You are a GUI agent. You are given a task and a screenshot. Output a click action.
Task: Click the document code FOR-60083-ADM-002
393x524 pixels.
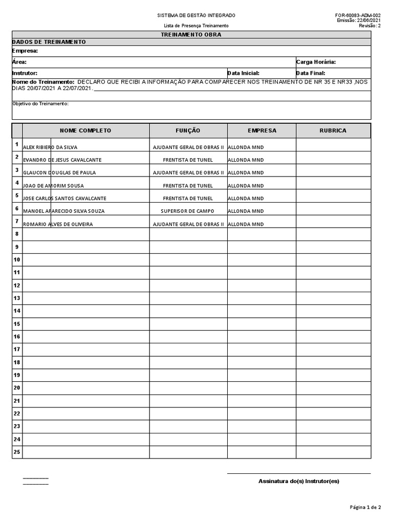click(358, 15)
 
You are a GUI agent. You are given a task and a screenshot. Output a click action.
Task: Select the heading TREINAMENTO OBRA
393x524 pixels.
click(191, 35)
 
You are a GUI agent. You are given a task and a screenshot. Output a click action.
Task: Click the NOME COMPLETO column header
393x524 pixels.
click(85, 130)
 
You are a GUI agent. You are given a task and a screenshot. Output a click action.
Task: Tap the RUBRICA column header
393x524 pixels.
click(333, 130)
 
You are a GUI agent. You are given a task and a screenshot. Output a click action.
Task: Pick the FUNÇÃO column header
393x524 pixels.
click(188, 130)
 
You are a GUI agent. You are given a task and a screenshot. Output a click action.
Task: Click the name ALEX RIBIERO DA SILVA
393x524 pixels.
click(50, 147)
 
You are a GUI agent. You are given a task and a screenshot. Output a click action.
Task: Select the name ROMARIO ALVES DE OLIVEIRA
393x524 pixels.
click(58, 224)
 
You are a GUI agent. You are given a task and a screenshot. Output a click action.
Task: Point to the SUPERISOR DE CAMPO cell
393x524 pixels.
click(188, 211)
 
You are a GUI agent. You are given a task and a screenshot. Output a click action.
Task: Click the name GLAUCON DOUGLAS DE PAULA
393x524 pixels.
click(59, 172)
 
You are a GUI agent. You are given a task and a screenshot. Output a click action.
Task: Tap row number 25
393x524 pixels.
click(17, 452)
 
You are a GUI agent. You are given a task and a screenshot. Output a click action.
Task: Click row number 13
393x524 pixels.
click(17, 298)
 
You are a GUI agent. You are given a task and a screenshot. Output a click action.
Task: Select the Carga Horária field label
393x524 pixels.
click(316, 62)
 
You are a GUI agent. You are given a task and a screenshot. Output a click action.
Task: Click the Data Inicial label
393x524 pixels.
click(243, 73)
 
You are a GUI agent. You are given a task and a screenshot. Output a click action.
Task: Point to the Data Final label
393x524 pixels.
click(311, 73)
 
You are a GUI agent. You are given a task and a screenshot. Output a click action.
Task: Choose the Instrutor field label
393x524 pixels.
click(25, 73)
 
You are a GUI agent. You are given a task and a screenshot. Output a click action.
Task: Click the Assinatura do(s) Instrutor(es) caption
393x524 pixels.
click(299, 481)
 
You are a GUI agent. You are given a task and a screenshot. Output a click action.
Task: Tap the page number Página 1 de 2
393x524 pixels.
click(365, 507)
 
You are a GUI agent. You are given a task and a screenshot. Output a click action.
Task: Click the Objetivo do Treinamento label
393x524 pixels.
click(40, 103)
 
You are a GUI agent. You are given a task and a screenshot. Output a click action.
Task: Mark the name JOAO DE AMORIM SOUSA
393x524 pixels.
click(53, 185)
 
